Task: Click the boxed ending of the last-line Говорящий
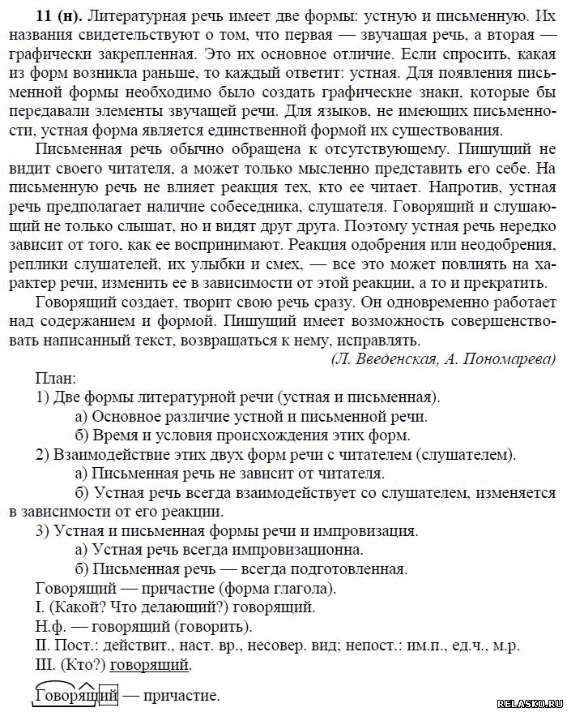coord(109,696)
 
